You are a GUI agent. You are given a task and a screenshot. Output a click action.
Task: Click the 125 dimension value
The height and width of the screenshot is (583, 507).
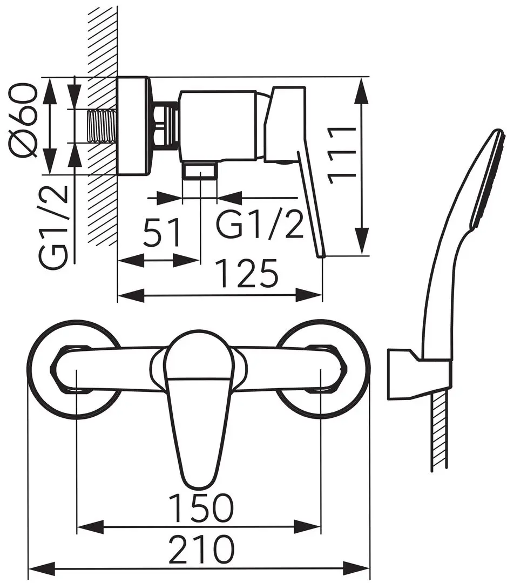(247, 274)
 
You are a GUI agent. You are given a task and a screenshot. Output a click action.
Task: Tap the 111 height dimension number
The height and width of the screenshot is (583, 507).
(341, 155)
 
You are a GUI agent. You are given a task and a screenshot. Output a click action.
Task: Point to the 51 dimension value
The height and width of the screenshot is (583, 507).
(162, 232)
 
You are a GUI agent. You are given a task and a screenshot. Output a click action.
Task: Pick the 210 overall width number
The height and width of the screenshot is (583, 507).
(201, 548)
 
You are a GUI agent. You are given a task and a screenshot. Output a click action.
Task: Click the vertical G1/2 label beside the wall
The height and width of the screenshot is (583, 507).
(53, 227)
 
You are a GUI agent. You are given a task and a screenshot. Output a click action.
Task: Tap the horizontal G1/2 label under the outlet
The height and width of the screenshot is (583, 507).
(260, 224)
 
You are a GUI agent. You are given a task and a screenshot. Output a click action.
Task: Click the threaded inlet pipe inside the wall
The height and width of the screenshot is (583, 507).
(103, 126)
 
